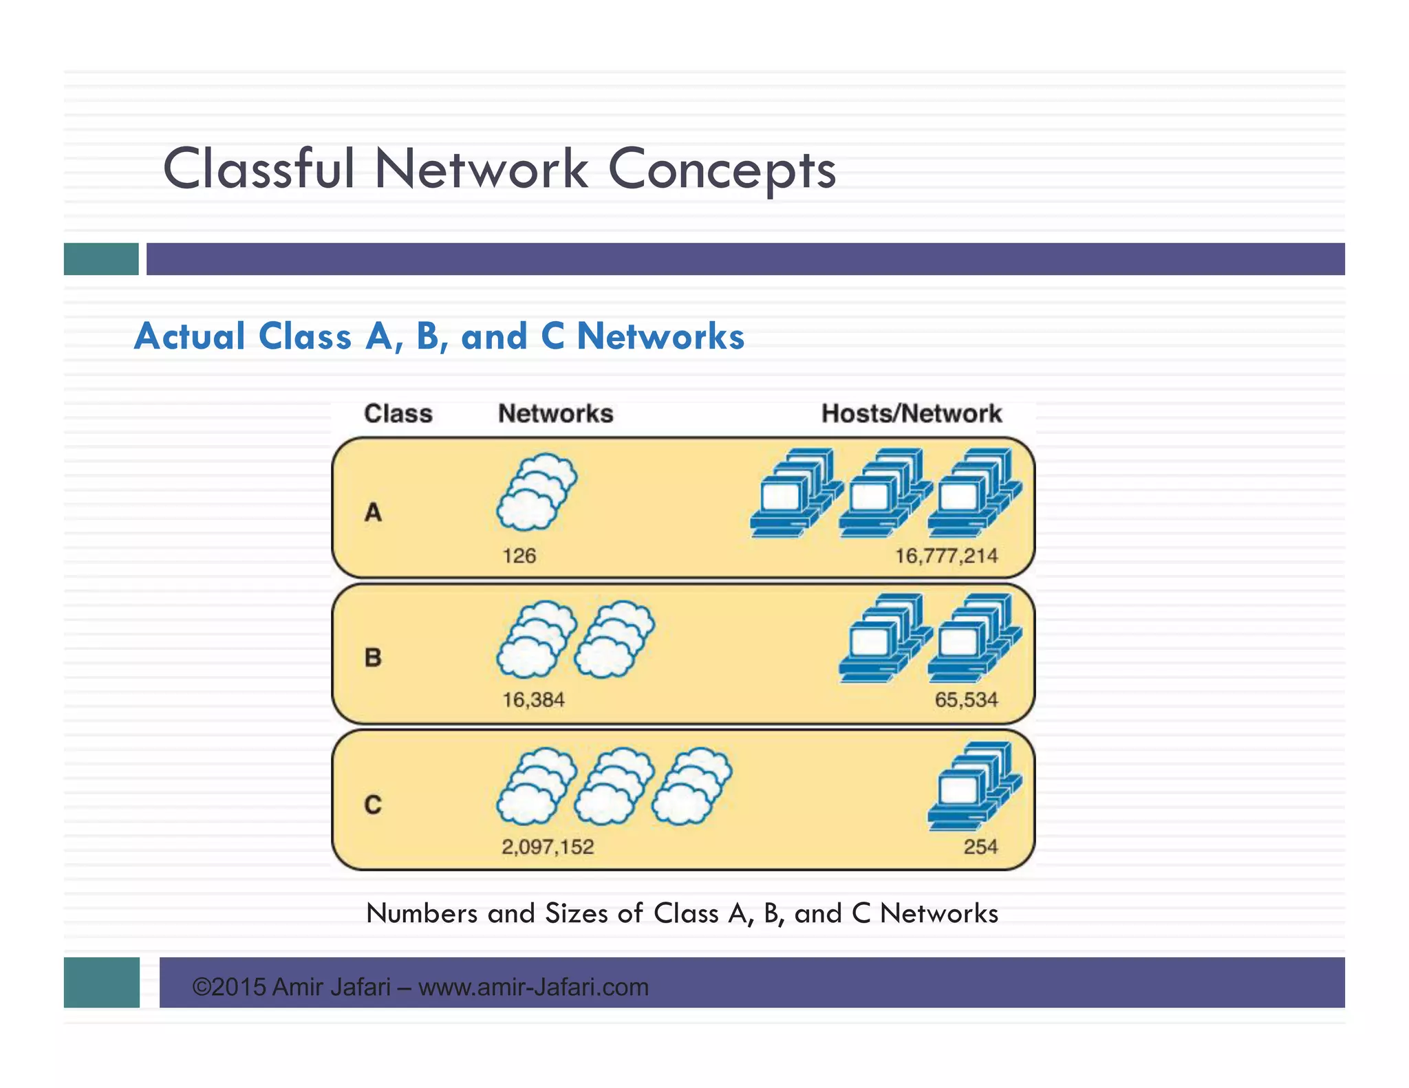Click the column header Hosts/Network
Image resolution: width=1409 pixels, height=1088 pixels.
pyautogui.click(x=911, y=413)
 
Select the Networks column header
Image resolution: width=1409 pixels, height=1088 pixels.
pyautogui.click(x=555, y=413)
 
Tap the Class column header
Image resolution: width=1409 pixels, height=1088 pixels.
pyautogui.click(x=398, y=413)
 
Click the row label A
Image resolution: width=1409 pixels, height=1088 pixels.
pyautogui.click(x=373, y=512)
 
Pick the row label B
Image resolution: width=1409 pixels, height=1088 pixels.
pyautogui.click(x=373, y=657)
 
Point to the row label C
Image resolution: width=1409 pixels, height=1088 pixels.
pyautogui.click(x=373, y=804)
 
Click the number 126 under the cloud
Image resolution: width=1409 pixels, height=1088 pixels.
pyautogui.click(x=519, y=556)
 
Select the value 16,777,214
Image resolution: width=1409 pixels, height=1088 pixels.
pyautogui.click(x=946, y=556)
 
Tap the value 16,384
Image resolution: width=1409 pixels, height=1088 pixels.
pyautogui.click(x=533, y=700)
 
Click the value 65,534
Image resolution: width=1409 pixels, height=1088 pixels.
pyautogui.click(x=966, y=700)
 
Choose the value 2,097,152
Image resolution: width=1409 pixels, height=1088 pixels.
pyautogui.click(x=548, y=847)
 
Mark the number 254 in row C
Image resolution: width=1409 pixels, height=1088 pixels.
pyautogui.click(x=980, y=847)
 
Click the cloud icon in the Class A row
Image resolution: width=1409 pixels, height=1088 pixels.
pyautogui.click(x=537, y=491)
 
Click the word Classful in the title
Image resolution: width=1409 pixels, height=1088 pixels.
pyautogui.click(x=259, y=168)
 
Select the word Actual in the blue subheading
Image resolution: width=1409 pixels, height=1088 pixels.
pyautogui.click(x=190, y=336)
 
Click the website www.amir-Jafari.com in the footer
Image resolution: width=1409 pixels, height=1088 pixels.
pyautogui.click(x=533, y=987)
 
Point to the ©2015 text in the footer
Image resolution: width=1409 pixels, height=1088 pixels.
pyautogui.click(x=228, y=987)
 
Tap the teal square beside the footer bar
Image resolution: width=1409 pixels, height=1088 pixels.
pyautogui.click(x=101, y=982)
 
